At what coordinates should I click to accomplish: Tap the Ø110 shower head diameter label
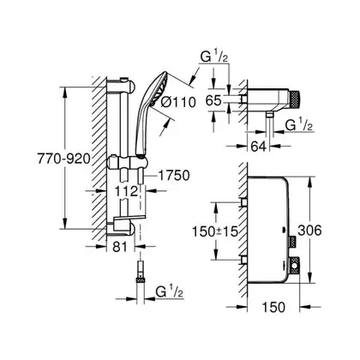tap(178, 102)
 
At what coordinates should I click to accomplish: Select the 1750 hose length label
tap(174, 176)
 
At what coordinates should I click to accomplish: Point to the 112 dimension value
tap(127, 191)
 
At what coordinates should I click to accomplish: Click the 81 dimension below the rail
tap(120, 247)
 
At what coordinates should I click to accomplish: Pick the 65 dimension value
tap(214, 100)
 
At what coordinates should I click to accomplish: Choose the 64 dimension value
tap(259, 147)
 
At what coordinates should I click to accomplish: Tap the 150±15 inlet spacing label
tap(215, 231)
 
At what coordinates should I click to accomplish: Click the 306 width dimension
tap(309, 231)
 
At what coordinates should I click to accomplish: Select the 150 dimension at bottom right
tap(273, 307)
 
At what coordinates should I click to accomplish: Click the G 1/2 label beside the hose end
tap(170, 292)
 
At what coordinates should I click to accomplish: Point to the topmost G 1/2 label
tap(214, 57)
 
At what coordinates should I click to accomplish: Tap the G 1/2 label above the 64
tap(299, 125)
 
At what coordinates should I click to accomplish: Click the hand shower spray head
tap(159, 87)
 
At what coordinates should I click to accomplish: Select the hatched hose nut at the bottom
tap(141, 279)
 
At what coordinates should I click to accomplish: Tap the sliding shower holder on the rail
tap(127, 163)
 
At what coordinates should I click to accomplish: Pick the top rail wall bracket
tap(120, 85)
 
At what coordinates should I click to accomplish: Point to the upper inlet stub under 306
tap(243, 202)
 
